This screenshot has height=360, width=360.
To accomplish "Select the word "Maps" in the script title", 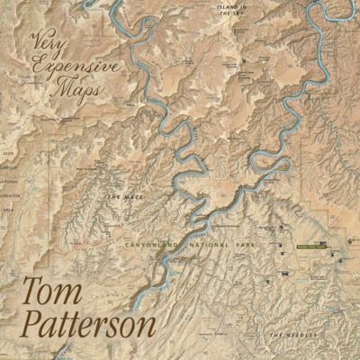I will (x=79, y=89).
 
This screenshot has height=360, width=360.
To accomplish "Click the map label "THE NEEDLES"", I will (x=290, y=335).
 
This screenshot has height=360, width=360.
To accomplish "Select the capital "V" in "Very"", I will (x=38, y=40).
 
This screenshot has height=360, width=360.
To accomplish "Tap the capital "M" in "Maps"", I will (x=63, y=88).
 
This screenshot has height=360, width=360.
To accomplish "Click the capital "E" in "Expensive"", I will (x=37, y=64).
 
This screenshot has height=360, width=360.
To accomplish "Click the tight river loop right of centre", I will (x=270, y=162).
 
